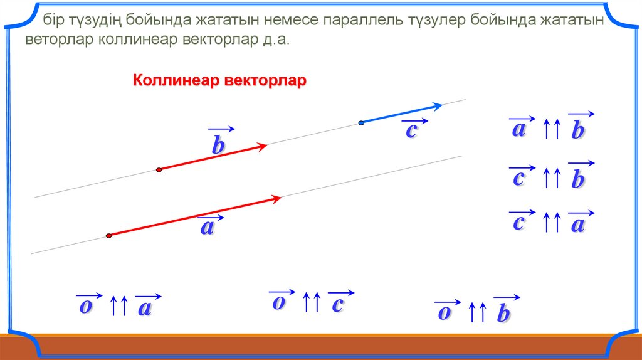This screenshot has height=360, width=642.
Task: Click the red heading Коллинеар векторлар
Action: tap(219, 80)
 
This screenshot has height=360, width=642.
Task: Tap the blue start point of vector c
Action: tap(361, 123)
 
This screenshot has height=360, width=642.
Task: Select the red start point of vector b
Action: tap(159, 169)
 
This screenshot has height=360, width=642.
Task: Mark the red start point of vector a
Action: tap(108, 235)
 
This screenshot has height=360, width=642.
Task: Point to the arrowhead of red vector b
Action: tap(261, 146)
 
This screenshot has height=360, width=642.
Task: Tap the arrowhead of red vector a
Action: tap(275, 199)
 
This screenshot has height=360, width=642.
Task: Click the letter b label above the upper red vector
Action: tap(219, 145)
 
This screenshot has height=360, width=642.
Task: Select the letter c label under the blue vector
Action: tap(411, 130)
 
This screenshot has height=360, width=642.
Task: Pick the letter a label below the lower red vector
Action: tap(207, 227)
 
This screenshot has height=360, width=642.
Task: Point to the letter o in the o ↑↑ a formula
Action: tap(85, 306)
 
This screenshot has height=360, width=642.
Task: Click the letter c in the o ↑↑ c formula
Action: tap(337, 305)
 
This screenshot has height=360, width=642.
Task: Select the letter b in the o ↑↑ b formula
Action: tap(503, 314)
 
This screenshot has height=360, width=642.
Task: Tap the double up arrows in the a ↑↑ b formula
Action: tap(552, 129)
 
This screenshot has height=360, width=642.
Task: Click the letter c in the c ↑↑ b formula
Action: tap(518, 178)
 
